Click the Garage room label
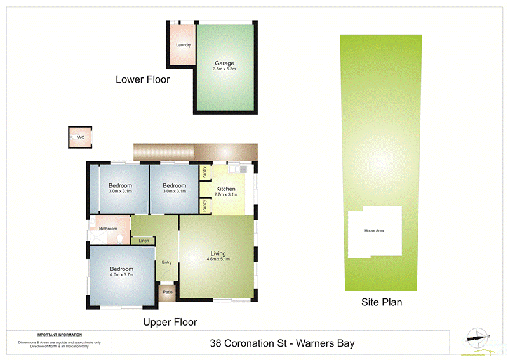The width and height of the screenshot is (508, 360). point(224,63)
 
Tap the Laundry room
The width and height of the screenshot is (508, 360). point(184,45)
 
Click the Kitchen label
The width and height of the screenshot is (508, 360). point(226,189)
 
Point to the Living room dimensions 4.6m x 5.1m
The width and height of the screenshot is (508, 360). point(218,259)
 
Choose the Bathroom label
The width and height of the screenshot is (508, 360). point(107,229)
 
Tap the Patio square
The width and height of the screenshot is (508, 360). point(168,292)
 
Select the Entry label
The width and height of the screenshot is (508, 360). point(167,262)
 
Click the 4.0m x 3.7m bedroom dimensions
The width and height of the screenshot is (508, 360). point(121,276)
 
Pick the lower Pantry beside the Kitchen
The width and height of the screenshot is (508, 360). point(205,206)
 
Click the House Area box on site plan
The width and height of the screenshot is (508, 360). point(374,231)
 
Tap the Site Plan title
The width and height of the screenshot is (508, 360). point(382,302)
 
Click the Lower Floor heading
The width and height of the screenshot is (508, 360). point(143,80)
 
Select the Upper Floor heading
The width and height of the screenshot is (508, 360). point(170,322)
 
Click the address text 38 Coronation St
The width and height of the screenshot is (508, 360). point(282,343)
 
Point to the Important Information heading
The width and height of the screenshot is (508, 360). point(59,335)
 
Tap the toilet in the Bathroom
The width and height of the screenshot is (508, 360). point(120,239)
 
